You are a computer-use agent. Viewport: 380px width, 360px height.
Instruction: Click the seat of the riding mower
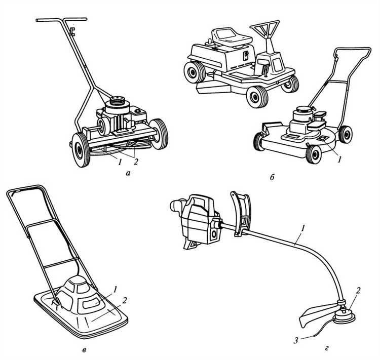click(231, 37)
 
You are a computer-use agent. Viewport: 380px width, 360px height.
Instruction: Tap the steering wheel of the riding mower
click(264, 28)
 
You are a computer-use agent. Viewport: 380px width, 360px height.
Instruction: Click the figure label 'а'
click(128, 173)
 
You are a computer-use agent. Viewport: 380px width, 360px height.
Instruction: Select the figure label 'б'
click(272, 178)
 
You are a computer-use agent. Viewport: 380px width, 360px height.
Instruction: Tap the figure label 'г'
click(327, 349)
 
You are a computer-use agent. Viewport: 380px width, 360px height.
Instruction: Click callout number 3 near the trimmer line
click(296, 341)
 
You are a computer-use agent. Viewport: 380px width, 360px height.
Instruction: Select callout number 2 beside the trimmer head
click(358, 290)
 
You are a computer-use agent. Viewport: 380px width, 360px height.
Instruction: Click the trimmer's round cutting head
click(345, 317)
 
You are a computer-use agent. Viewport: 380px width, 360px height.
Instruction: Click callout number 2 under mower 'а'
click(136, 162)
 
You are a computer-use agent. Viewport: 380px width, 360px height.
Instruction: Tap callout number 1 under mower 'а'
click(119, 162)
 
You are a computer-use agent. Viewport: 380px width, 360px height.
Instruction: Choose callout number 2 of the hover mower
click(125, 300)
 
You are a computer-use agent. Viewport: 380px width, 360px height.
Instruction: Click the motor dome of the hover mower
click(78, 294)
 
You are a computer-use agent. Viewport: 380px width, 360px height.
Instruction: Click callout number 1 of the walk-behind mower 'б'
click(339, 158)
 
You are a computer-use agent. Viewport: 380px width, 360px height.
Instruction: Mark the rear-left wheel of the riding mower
click(195, 72)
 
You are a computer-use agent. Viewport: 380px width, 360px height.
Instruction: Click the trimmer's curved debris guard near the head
click(315, 315)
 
